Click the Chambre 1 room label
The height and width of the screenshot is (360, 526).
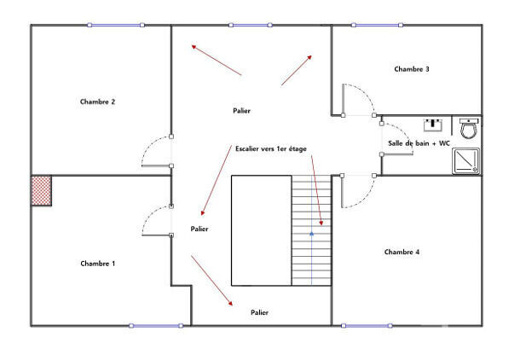97,264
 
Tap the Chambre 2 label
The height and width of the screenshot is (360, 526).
97,102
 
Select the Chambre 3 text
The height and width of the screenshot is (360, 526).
412,68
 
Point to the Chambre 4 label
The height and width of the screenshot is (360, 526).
402,252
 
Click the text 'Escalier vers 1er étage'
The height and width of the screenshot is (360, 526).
270,149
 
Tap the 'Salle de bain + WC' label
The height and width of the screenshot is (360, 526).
418,144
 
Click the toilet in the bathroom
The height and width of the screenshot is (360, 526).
468,129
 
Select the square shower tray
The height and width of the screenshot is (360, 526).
466,161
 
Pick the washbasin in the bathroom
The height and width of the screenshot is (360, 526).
435,123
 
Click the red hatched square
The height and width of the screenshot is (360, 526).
41,190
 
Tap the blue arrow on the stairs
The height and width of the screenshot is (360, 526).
311,232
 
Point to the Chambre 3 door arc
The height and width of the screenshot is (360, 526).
356,98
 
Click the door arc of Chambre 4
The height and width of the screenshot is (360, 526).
356,191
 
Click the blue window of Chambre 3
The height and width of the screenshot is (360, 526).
378,25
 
